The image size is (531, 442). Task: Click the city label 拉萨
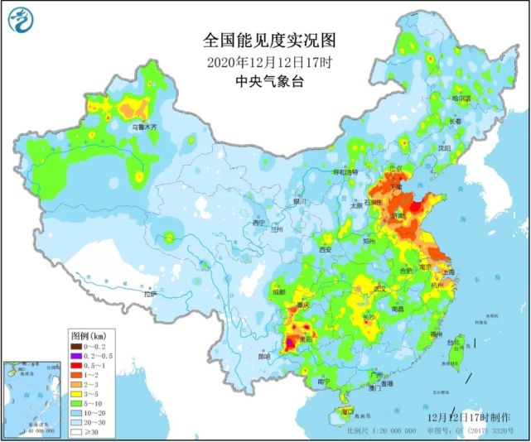pos(149,294)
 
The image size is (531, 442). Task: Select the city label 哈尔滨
pos(461,98)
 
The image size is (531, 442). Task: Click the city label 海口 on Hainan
pos(347,411)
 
